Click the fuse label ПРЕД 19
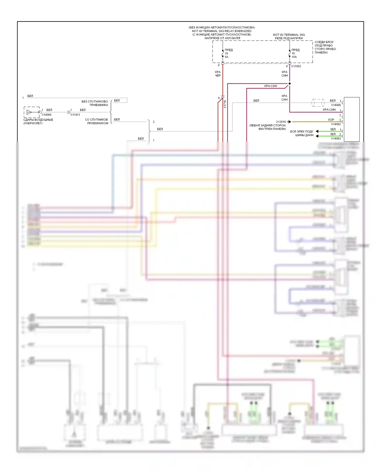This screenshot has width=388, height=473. [x=228, y=51]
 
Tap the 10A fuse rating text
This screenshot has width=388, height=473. [x=294, y=57]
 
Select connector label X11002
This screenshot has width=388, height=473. [x=296, y=66]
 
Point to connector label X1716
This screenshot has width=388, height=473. [x=225, y=104]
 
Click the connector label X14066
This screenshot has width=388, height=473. [x=336, y=105]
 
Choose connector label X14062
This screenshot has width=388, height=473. [x=336, y=124]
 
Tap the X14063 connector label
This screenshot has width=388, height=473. [x=336, y=138]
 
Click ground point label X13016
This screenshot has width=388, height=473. [x=281, y=122]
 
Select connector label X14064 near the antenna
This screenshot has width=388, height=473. [x=47, y=115]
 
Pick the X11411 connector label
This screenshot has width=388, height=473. [x=75, y=115]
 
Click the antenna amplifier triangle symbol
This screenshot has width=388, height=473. [x=29, y=112]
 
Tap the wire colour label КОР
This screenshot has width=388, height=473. [x=331, y=120]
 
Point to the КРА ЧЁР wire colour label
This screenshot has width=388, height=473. [x=218, y=74]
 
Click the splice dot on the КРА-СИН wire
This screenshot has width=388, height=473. [x=289, y=84]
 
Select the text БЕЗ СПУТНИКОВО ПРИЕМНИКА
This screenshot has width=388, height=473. [x=95, y=103]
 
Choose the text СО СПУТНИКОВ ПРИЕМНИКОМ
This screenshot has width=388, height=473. [x=96, y=121]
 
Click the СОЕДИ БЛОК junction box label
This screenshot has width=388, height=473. [x=325, y=47]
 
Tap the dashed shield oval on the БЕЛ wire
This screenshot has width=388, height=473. [x=318, y=103]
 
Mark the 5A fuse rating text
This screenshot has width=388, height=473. [x=226, y=57]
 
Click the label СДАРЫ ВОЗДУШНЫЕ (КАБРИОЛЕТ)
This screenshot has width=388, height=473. [x=38, y=121]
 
